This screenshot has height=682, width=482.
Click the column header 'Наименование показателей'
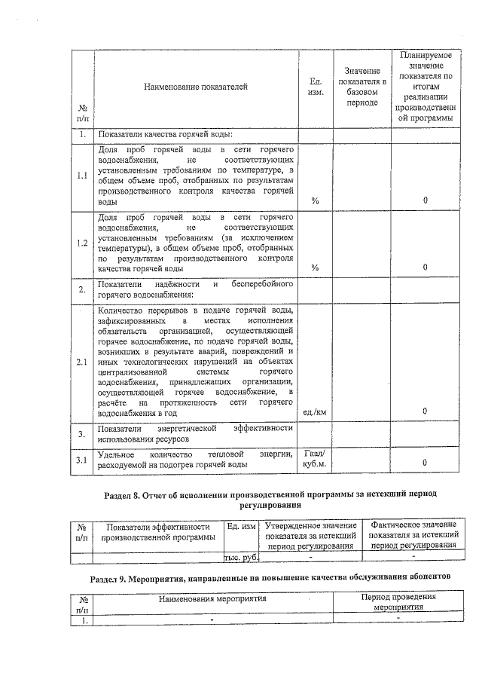pos(196,87)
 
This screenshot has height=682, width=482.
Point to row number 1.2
pos(82,243)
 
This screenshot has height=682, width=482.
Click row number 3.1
pos(82,460)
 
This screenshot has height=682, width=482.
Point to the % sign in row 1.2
pos(315,268)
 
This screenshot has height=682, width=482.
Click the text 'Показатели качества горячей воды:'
pos(165,134)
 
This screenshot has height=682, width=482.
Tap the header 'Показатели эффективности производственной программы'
pos(157,531)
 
